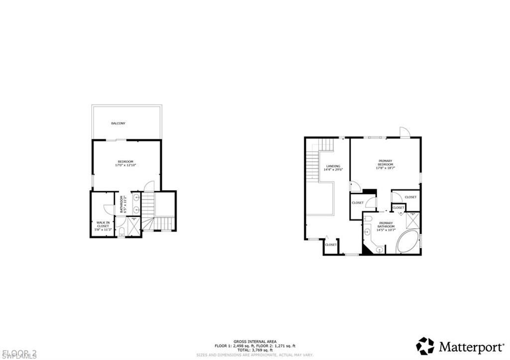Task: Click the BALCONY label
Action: tap(118, 123)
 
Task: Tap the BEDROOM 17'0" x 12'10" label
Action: tap(126, 163)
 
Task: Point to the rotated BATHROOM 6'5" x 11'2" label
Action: tap(121, 204)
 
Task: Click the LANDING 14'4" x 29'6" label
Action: tap(333, 168)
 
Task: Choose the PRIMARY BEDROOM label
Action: tap(385, 164)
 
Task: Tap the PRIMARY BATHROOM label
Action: tap(386, 226)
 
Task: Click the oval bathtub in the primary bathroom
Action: tap(407, 242)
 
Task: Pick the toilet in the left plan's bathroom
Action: tap(122, 232)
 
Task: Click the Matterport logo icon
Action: tap(425, 346)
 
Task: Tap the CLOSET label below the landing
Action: tap(331, 244)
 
